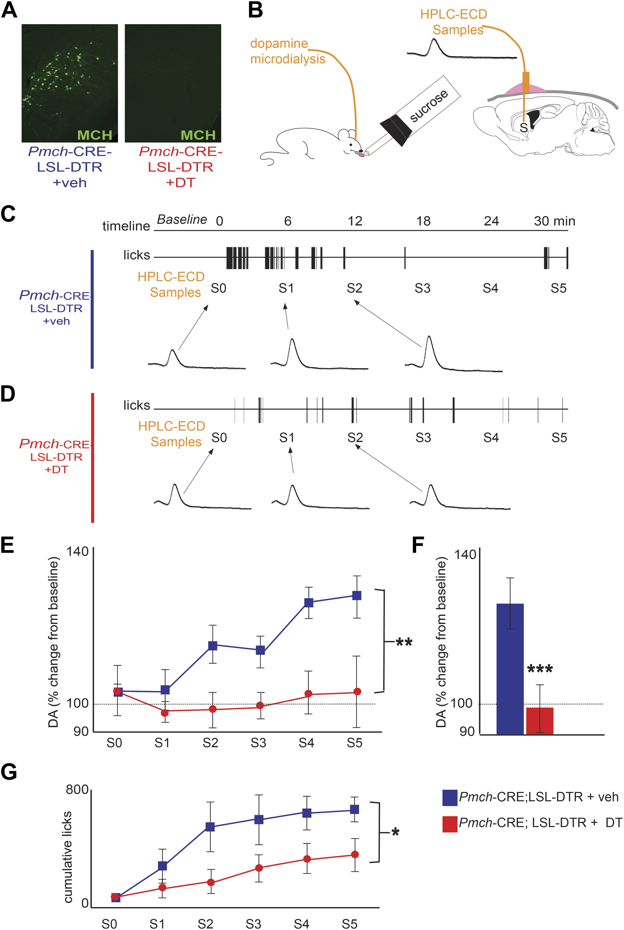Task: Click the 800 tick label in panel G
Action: click(x=77, y=790)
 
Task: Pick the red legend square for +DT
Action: click(x=450, y=824)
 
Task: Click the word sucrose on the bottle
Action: click(x=429, y=106)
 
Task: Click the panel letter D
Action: click(x=8, y=394)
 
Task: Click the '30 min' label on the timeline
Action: click(x=554, y=221)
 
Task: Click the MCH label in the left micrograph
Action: click(x=95, y=135)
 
